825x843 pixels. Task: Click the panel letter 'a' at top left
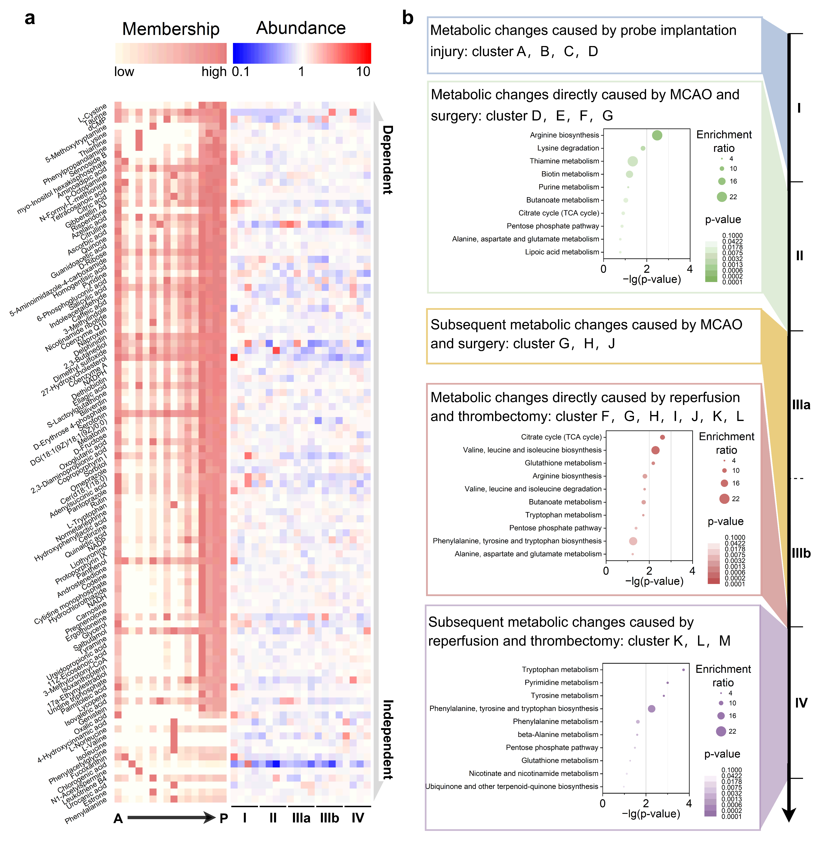click(x=29, y=19)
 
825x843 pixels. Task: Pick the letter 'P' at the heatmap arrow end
click(x=224, y=818)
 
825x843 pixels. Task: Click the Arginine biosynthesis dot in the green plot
click(x=657, y=135)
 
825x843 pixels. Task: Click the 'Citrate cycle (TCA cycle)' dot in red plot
click(x=662, y=437)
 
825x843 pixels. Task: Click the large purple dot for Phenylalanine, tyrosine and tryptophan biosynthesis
click(x=651, y=709)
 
